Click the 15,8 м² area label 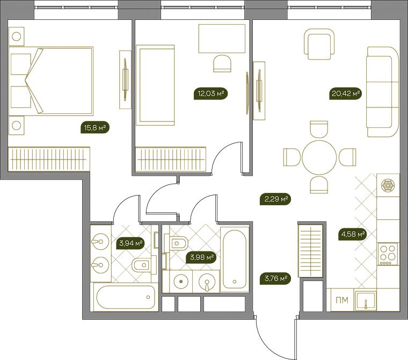(x=95, y=127)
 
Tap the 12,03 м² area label (x=211, y=93)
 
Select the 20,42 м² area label (x=345, y=93)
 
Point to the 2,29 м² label (x=275, y=199)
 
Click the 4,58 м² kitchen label (x=353, y=234)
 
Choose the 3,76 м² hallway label (x=275, y=278)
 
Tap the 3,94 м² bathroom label (x=130, y=243)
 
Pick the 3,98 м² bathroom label (x=201, y=257)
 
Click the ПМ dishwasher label (x=342, y=300)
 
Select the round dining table (x=319, y=157)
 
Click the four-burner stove (x=388, y=254)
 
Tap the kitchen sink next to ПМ (x=366, y=300)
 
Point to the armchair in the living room (x=319, y=44)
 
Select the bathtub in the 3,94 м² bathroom (x=126, y=297)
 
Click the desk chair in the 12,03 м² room (x=222, y=63)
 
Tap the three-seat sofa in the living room (x=382, y=92)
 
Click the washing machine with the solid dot (x=181, y=282)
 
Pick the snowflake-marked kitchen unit (x=388, y=185)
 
